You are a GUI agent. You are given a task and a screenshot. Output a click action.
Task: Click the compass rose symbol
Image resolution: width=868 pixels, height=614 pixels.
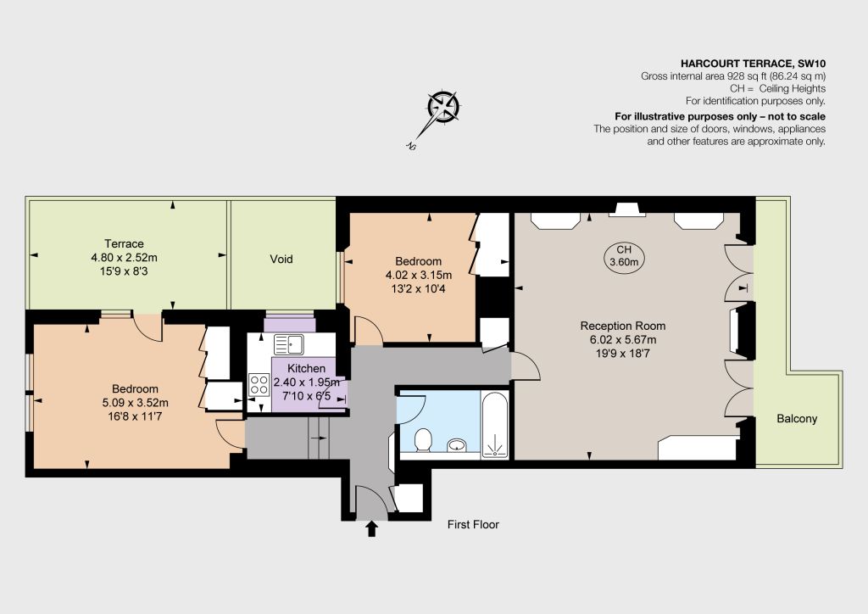point(443,108)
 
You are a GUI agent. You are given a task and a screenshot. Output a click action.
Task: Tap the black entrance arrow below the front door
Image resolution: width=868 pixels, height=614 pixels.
point(371,528)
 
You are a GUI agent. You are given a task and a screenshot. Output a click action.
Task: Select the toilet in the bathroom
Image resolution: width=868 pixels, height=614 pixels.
point(423,439)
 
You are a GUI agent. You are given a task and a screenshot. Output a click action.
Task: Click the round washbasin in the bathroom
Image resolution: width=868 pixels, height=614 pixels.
point(457,444)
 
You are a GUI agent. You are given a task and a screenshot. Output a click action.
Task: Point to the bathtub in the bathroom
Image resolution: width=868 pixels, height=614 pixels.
point(495,425)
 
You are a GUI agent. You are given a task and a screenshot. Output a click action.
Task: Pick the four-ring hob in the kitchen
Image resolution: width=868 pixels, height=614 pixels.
point(259,385)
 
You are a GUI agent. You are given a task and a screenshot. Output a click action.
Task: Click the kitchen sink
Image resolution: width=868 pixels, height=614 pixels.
point(288,343)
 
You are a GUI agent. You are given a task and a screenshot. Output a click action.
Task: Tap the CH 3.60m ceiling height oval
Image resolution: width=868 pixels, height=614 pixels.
point(624,256)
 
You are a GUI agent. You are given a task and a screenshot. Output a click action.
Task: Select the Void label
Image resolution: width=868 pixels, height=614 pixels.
point(281,260)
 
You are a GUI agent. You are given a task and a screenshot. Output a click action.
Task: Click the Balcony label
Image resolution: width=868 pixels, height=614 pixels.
point(797,419)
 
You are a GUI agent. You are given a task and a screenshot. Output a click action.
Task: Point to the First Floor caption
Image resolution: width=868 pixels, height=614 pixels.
point(473,524)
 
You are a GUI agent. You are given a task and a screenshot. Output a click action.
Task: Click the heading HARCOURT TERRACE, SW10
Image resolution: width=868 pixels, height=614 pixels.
point(753,64)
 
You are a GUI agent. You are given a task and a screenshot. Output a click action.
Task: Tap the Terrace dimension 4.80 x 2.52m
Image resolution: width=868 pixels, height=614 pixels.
point(124,258)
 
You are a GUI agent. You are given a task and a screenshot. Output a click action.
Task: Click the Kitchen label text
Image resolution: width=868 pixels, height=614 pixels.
point(306,368)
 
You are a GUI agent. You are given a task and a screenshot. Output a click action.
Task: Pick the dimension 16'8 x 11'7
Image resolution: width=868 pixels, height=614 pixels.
point(135,416)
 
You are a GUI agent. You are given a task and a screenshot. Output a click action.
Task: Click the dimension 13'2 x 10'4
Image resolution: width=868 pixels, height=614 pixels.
point(419,288)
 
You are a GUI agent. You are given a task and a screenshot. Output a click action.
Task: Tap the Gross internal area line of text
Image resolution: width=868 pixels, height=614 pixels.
point(733,76)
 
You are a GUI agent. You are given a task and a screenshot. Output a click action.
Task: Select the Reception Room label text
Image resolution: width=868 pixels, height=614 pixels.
point(623,327)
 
